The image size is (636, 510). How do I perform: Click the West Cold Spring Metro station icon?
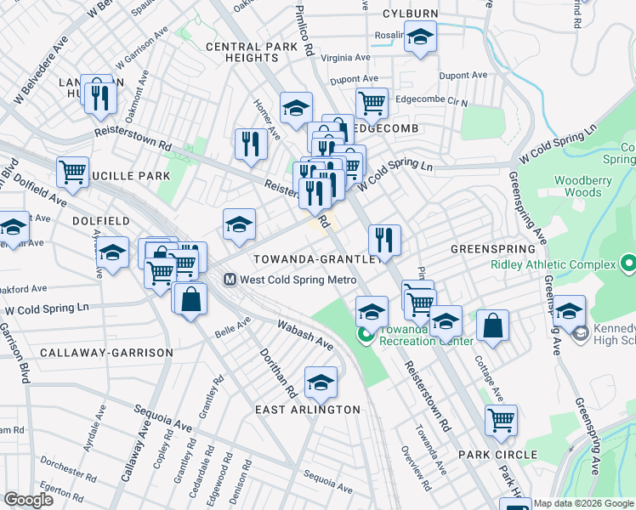(230, 279)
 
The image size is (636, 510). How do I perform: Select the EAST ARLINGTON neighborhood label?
(309, 410)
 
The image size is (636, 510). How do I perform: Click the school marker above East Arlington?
(321, 383)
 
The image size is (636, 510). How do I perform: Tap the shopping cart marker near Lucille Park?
(72, 171)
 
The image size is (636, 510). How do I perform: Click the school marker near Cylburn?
(419, 37)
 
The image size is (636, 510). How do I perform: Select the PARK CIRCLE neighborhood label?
(498, 455)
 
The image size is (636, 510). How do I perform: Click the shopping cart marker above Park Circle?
(502, 418)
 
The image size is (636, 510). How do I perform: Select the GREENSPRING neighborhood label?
(493, 249)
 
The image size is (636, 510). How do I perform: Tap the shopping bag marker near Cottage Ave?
(493, 324)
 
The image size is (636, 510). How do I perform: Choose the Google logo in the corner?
(28, 500)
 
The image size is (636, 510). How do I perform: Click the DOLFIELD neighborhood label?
(100, 220)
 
